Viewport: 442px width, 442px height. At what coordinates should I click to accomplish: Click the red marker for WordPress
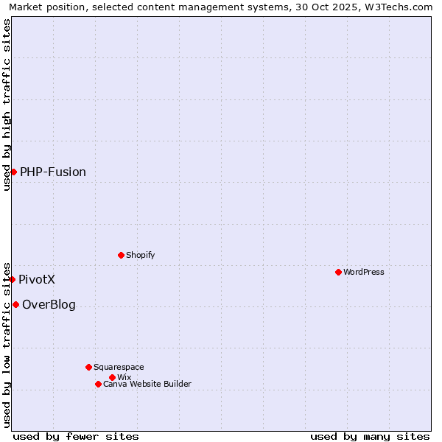coord(338,272)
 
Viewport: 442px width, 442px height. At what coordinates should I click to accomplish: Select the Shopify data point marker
coord(121,255)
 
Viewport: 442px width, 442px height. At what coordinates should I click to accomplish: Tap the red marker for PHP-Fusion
coord(13,172)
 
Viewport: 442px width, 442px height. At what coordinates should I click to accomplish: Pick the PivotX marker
coord(12,279)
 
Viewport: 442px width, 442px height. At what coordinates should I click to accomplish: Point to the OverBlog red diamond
coord(15,304)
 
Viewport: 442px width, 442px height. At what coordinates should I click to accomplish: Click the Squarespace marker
coord(88,367)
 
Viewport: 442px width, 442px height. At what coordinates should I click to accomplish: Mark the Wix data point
coord(112,377)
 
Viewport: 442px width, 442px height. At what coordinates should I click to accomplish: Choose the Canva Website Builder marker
coord(98,384)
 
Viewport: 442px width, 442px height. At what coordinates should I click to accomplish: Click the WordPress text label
coord(364,272)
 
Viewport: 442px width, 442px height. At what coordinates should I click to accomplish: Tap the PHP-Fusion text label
coord(53,172)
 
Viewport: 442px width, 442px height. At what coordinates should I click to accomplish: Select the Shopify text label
coord(141,255)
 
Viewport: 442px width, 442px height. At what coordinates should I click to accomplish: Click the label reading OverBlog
coord(49,304)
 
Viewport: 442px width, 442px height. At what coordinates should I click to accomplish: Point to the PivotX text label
coord(37,279)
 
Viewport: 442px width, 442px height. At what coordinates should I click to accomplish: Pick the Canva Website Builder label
coord(147,384)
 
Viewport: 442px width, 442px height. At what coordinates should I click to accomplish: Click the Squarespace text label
coord(119,367)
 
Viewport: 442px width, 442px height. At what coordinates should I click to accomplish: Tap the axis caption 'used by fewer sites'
coord(76,436)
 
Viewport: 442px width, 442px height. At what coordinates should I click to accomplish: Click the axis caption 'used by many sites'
coord(370,436)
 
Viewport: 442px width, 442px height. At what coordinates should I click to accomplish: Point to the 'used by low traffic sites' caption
coord(7,344)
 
